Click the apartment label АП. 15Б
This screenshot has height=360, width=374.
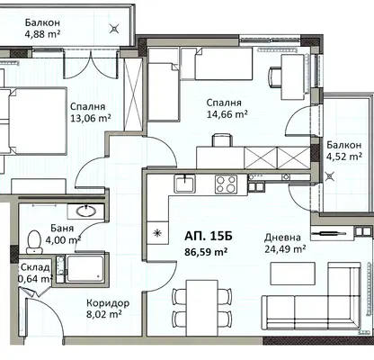point(208,236)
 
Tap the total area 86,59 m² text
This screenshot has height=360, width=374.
point(206,252)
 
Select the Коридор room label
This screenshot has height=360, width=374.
point(108,303)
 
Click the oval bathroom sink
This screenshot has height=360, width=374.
point(86,211)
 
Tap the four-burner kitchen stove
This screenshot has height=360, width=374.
point(226,184)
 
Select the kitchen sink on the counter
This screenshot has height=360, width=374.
point(185,184)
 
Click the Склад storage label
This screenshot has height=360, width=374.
point(35,267)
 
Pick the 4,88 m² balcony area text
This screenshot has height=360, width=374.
point(42,34)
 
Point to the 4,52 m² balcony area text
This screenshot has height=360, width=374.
point(344,157)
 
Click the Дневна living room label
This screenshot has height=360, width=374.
point(282,238)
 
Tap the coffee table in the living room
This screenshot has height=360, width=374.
point(293,274)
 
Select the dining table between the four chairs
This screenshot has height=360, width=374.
point(202,308)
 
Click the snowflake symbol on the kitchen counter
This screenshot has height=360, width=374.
point(157,233)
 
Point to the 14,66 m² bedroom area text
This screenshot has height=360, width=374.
point(227,114)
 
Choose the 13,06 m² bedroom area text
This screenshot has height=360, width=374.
point(91,118)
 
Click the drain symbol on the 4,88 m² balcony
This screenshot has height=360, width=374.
point(114,29)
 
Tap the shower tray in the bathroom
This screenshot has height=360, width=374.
point(85,269)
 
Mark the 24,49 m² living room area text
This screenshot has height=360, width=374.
point(285,249)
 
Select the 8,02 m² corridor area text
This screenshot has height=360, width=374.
point(104,314)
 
